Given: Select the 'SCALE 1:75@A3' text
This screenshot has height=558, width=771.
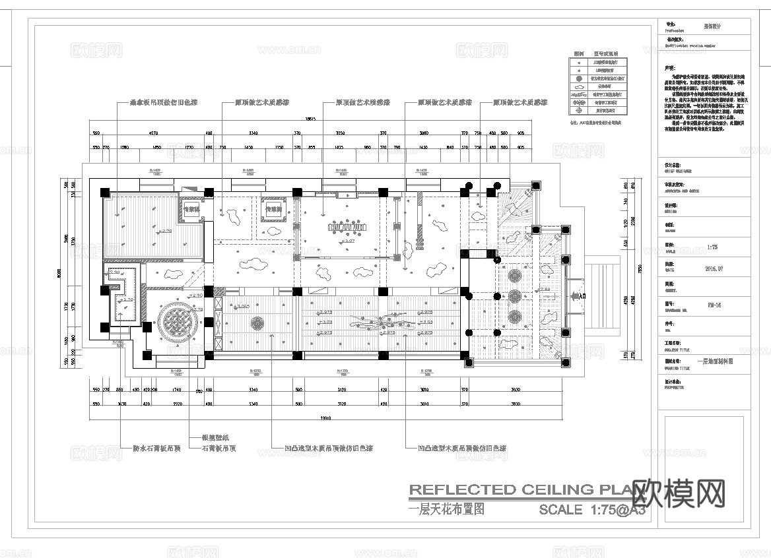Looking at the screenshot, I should click(x=591, y=509).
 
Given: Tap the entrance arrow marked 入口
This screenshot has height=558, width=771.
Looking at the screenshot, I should click(x=580, y=297).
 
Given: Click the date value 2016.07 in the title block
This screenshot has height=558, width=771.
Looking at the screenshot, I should click(x=715, y=268).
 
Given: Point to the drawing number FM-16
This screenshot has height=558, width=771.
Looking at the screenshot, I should click(x=714, y=305).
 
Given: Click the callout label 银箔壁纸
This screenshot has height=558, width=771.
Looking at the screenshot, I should click(x=207, y=438).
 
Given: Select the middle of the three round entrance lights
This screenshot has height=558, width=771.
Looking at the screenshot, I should click(x=515, y=295).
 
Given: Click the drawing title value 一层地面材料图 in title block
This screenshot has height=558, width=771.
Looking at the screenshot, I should click(x=715, y=361).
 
